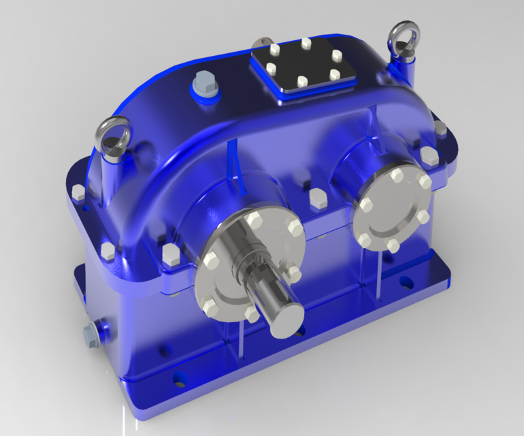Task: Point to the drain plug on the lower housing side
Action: (90, 334)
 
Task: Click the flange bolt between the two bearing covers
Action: (316, 198)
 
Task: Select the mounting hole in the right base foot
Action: (406, 280)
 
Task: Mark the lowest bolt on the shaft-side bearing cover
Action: (251, 314)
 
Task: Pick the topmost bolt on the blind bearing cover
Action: (397, 176)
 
